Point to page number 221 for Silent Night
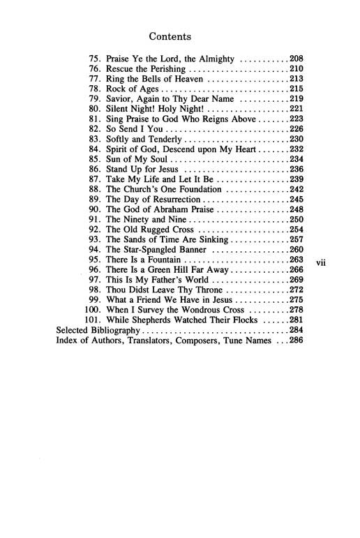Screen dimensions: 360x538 tap(297, 110)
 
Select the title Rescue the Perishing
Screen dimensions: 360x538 tap(145, 70)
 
